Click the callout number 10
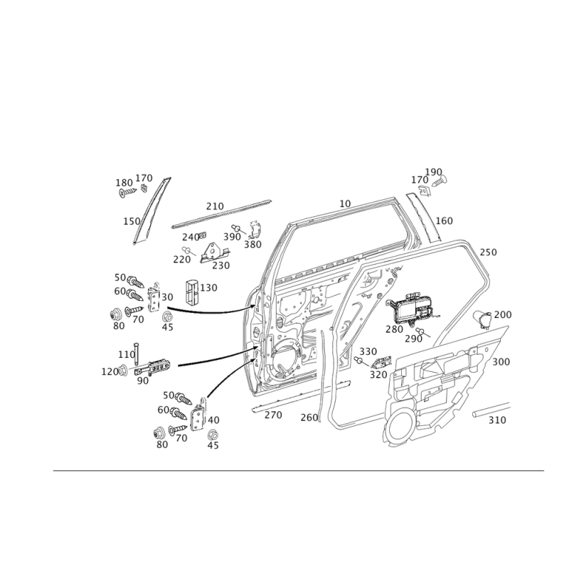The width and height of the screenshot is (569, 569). point(345,204)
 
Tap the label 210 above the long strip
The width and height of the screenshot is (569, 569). point(215,206)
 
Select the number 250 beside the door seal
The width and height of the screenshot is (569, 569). point(488,252)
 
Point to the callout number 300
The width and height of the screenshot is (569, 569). point(501,362)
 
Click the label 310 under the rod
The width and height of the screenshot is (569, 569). point(497,420)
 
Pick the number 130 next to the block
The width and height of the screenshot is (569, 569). point(208,288)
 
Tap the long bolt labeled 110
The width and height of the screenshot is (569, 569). point(136,353)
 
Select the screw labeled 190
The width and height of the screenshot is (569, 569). point(440,181)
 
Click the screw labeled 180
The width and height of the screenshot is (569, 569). point(127,193)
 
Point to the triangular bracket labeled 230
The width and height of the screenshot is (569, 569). point(215,252)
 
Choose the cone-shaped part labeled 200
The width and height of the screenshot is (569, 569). point(484,318)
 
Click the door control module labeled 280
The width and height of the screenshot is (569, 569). point(413,308)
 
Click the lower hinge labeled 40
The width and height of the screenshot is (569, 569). point(198,415)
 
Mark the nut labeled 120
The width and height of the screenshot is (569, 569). point(123,370)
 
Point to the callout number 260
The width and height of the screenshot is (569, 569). point(309,418)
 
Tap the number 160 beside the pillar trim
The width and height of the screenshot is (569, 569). point(444,220)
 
